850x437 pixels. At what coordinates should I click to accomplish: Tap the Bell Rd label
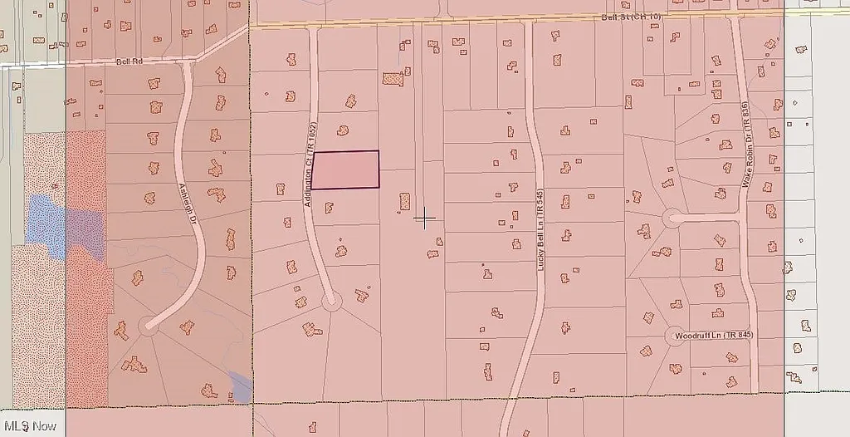pos(129,61)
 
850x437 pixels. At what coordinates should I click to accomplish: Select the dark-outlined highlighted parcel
pos(345,169)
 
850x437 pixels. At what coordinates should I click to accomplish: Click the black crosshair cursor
pos(425,218)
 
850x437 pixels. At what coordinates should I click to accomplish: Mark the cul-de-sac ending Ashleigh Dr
pos(149,323)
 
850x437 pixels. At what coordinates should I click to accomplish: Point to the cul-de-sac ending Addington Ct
pos(330,300)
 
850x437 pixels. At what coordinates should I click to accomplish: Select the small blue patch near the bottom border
pos(240,387)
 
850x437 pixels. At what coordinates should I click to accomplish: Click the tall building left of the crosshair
pos(405,202)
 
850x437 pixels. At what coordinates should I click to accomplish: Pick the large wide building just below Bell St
pos(393,79)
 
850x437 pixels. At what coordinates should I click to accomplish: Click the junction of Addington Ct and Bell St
pos(313,27)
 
